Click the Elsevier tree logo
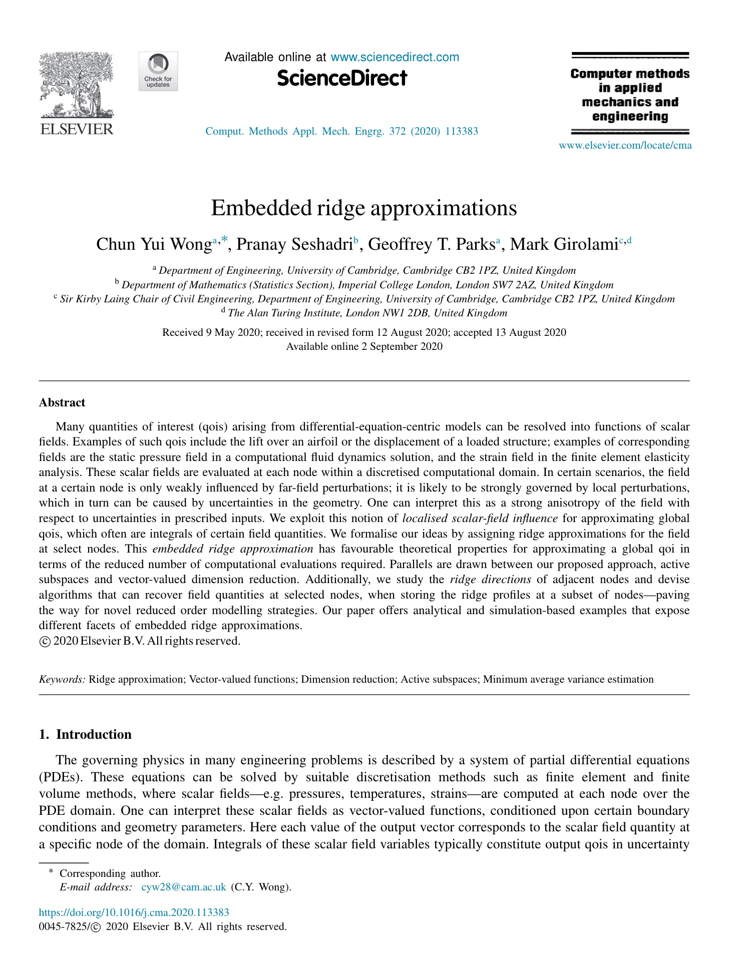coord(77,85)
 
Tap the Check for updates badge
coord(158,71)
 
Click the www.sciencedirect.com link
coord(395,57)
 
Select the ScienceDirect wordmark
coord(342,79)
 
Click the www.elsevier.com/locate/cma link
coord(625,146)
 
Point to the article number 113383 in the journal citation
coord(461,131)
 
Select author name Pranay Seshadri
coord(294,244)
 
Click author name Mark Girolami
coord(563,244)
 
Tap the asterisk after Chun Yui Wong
coord(225,240)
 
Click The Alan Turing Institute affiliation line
coord(367,313)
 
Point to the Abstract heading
coord(62,403)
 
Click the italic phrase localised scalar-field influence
coord(480,519)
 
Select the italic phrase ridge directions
coord(490,580)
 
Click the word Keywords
coord(62,679)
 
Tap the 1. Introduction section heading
coord(85,734)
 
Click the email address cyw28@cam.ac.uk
coord(184,887)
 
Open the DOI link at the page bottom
coord(134,912)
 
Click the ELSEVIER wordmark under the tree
coord(77,129)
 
